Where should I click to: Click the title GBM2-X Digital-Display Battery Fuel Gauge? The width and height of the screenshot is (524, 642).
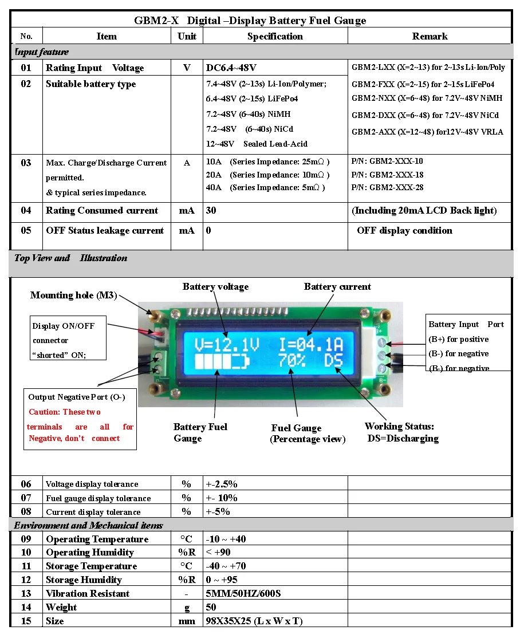tap(250, 21)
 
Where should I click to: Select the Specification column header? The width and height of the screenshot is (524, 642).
tap(275, 36)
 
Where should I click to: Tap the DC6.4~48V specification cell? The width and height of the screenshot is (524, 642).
tap(231, 68)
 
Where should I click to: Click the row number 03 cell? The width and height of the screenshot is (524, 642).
tap(26, 163)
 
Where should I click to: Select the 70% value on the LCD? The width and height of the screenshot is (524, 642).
tap(292, 361)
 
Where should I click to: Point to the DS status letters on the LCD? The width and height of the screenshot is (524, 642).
tap(333, 361)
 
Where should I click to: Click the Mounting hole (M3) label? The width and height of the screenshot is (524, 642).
tap(73, 296)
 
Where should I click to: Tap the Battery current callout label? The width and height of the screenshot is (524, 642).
tap(337, 287)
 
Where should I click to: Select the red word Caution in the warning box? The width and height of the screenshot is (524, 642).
tap(44, 412)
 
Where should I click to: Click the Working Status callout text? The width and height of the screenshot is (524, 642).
tap(399, 426)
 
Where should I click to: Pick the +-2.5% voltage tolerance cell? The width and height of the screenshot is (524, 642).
tap(222, 484)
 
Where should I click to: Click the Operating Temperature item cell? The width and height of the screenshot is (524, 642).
tap(97, 539)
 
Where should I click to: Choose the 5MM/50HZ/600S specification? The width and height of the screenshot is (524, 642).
tap(243, 593)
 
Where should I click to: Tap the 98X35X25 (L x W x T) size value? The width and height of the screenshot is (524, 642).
tap(254, 621)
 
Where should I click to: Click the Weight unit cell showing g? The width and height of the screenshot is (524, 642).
tap(187, 607)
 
